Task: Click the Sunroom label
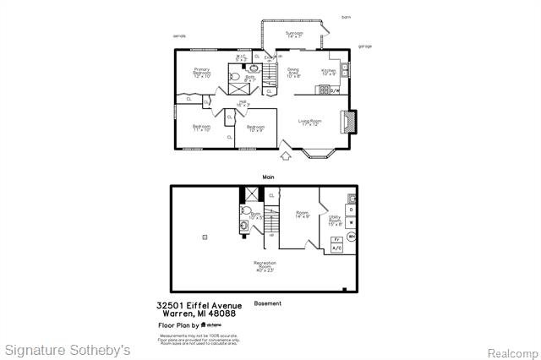[294, 35]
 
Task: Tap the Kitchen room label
[329, 73]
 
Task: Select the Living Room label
[310, 123]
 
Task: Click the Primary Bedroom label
[201, 73]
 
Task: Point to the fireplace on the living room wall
[348, 123]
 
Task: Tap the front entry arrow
[286, 155]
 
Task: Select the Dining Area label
[293, 73]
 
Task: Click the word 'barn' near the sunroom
[346, 16]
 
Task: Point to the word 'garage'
[364, 46]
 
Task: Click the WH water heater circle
[351, 237]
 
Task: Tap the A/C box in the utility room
[336, 248]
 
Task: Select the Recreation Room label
[265, 266]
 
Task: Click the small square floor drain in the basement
[204, 237]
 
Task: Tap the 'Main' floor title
[268, 176]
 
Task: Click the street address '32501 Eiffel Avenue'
[199, 306]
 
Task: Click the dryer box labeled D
[351, 208]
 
